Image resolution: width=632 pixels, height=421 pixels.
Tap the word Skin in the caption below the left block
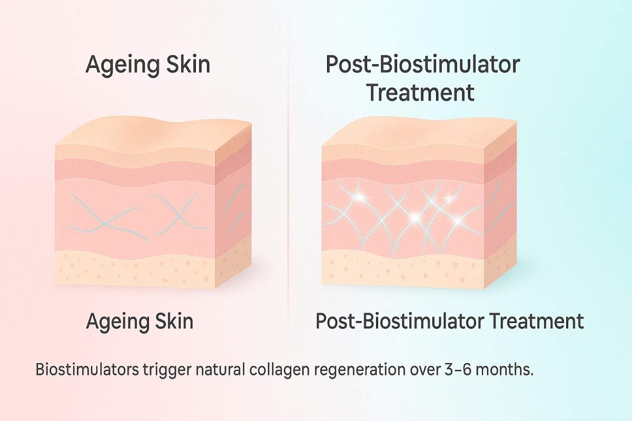pyautogui.click(x=172, y=321)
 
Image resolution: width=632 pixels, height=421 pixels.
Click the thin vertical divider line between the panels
pyautogui.click(x=288, y=210)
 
